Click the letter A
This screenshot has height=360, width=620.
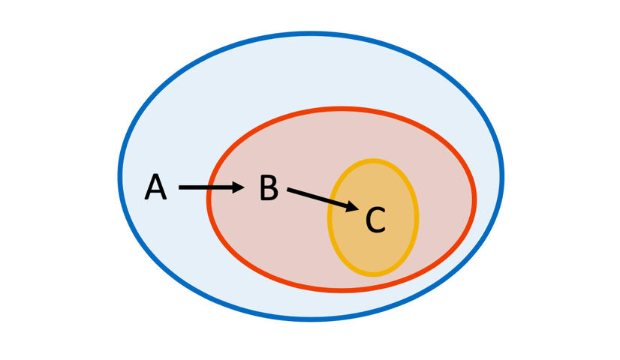[x=155, y=187]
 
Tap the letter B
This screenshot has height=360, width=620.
[x=269, y=188]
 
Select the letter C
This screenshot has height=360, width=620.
[x=375, y=220]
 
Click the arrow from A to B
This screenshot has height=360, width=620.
[x=210, y=187]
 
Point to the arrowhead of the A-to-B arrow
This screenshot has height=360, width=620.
[x=239, y=187]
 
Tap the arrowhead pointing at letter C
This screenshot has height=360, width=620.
[x=352, y=206]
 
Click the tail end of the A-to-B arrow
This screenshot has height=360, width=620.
[x=181, y=187]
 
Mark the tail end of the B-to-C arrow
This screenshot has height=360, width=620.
[x=289, y=190]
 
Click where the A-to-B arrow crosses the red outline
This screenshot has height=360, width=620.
[x=209, y=187]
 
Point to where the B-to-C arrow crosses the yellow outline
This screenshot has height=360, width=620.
[x=330, y=201]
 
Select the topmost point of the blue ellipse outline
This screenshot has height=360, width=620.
[x=311, y=34]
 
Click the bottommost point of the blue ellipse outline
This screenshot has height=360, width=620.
[x=311, y=319]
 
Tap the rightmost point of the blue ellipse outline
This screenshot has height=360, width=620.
[x=502, y=176]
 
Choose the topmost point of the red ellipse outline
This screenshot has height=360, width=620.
[x=342, y=109]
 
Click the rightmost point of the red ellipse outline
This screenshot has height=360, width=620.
[x=474, y=199]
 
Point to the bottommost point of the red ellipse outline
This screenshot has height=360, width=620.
[x=342, y=289]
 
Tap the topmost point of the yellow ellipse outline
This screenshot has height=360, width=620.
[x=373, y=161]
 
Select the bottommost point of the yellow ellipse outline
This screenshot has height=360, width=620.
[x=373, y=274]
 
